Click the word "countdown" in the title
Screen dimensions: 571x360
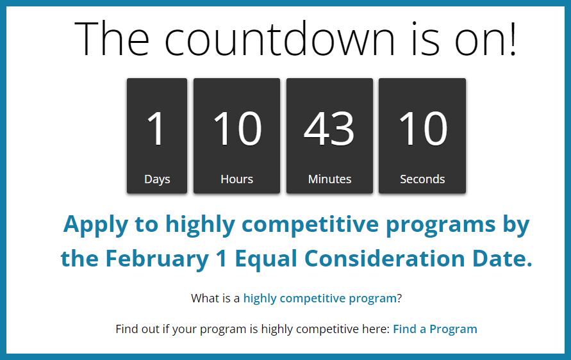[x=279, y=38]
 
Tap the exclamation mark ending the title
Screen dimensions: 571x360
[x=513, y=38]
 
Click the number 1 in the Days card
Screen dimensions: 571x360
[x=156, y=128]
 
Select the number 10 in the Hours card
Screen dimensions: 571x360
[x=237, y=128]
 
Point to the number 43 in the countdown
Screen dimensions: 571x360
[x=329, y=128]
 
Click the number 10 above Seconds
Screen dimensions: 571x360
[x=423, y=128]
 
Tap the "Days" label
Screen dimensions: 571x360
[x=157, y=179]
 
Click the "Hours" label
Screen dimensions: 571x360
[x=236, y=179]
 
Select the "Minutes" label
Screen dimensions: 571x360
[x=329, y=179]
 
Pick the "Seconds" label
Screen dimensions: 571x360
[x=422, y=179]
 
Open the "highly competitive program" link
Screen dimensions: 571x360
[x=320, y=299]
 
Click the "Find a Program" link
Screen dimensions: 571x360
[x=434, y=329]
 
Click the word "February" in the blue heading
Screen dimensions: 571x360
[x=157, y=259]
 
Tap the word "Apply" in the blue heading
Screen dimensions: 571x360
[x=95, y=225]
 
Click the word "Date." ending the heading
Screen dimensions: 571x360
[x=502, y=258]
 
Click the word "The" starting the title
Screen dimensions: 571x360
[x=112, y=38]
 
